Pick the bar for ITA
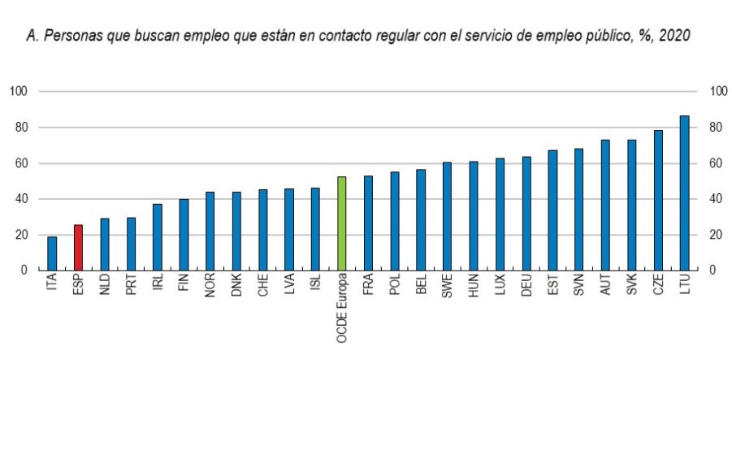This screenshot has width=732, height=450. click(x=52, y=253)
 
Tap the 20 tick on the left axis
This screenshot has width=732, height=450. click(x=20, y=235)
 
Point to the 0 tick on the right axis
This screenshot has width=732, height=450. click(x=714, y=270)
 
